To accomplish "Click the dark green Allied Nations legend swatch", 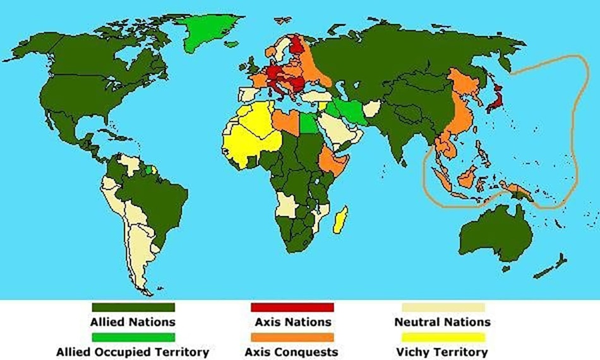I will click(133, 308).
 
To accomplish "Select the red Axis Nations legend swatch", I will click(292, 308).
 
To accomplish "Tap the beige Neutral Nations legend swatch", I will click(443, 308).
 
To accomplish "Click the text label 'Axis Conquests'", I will click(292, 351).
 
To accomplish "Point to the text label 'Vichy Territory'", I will click(443, 351).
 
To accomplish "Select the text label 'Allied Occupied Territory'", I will click(133, 351).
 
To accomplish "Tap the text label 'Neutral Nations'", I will click(443, 322).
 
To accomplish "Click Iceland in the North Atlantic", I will click(232, 44).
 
